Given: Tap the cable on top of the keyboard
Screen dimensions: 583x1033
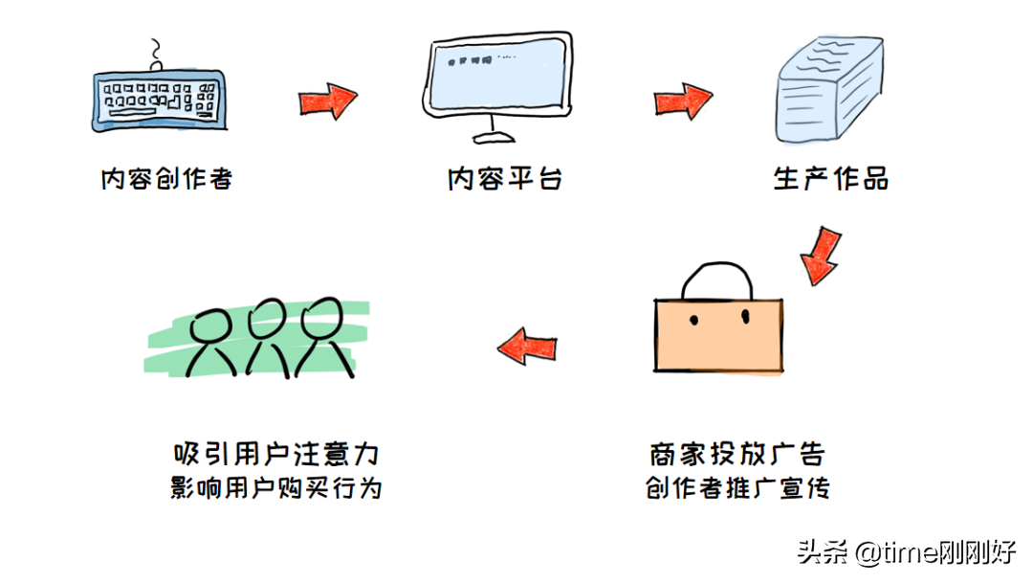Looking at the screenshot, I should click(156, 55).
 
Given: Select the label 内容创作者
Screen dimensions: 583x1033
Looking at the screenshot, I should click(166, 179).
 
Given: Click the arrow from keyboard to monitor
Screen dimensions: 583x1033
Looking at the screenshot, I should click(327, 101).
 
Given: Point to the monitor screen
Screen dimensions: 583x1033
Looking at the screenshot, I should click(498, 75).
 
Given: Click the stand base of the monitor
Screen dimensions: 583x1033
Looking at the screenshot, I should click(494, 134).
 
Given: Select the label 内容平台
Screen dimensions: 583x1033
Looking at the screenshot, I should click(504, 179).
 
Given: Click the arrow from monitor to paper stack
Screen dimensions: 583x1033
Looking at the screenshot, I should click(683, 101).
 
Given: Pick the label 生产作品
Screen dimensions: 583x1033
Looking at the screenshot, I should click(830, 179).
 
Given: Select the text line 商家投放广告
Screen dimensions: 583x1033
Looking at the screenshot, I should click(736, 452).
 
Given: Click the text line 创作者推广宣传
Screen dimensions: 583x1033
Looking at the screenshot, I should click(736, 488).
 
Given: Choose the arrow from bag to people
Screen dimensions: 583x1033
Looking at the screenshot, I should click(527, 347).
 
